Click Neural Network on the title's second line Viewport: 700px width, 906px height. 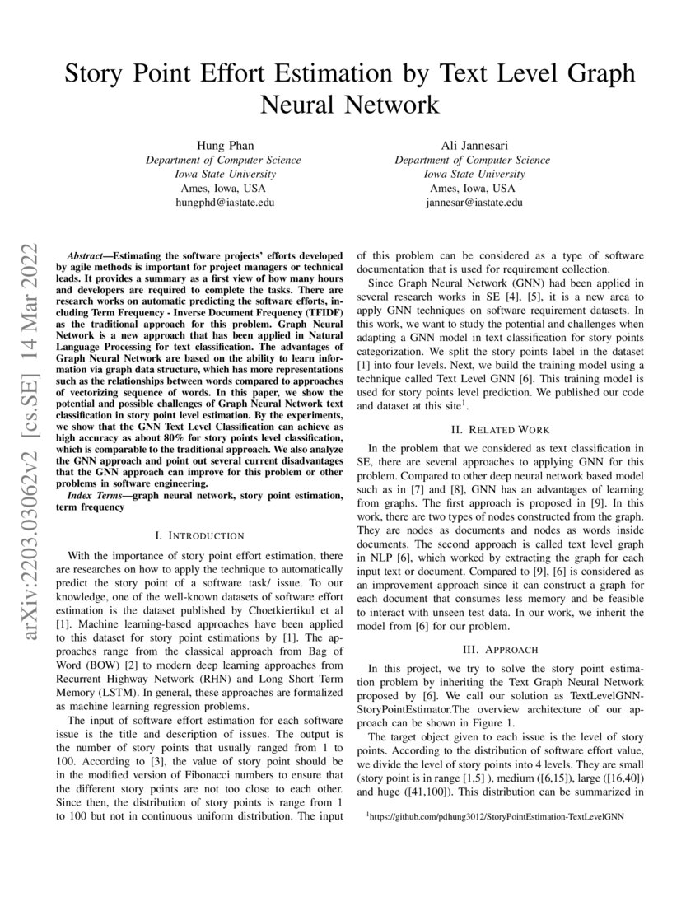tap(350, 105)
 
